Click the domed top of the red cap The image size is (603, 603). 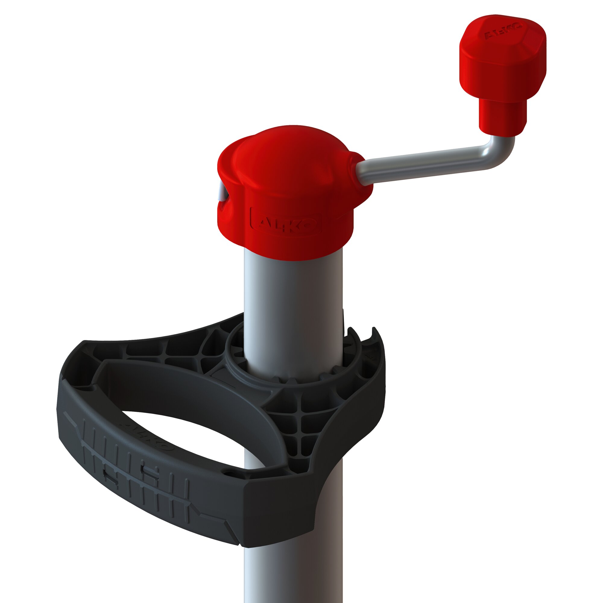(x=290, y=150)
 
